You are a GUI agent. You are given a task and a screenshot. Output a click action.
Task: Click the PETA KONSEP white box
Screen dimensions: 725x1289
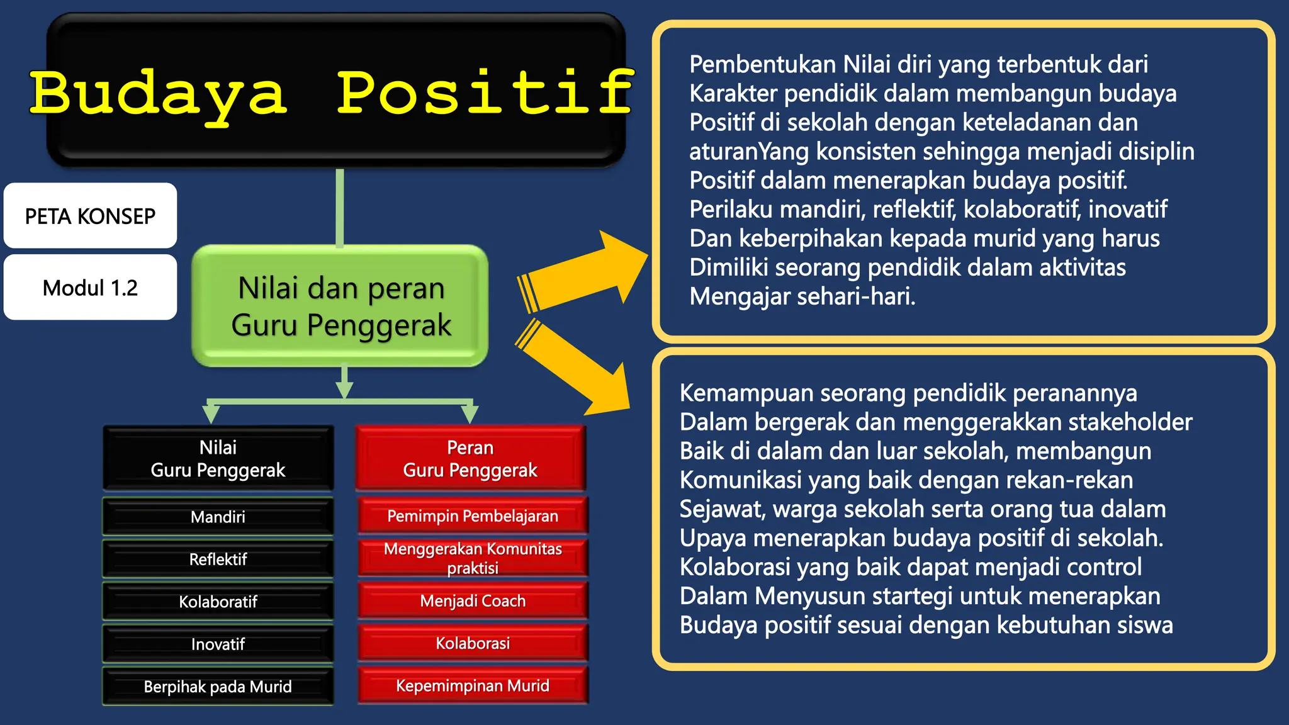pyautogui.click(x=90, y=216)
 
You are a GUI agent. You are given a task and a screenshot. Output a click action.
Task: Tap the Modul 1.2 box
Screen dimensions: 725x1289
pyautogui.click(x=90, y=288)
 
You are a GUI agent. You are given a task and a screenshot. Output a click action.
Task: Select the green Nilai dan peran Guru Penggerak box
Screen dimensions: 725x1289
pyautogui.click(x=341, y=306)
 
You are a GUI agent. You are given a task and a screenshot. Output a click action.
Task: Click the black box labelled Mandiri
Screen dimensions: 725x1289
pyautogui.click(x=218, y=517)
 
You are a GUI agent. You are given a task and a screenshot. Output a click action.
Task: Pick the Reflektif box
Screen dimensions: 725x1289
pyautogui.click(x=218, y=559)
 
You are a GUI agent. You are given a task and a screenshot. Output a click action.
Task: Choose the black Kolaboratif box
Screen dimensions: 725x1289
pyautogui.click(x=218, y=602)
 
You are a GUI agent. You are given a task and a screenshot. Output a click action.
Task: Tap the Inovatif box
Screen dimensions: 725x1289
pyautogui.click(x=218, y=644)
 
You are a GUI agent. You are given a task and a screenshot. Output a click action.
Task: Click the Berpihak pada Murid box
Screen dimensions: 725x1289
pyautogui.click(x=218, y=686)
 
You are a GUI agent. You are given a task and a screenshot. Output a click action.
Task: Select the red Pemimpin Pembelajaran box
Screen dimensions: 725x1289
pyautogui.click(x=473, y=516)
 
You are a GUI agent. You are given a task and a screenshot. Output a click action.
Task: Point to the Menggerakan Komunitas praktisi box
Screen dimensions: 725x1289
pyautogui.click(x=473, y=558)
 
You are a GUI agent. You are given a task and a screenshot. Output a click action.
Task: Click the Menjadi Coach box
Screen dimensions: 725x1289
pyautogui.click(x=473, y=600)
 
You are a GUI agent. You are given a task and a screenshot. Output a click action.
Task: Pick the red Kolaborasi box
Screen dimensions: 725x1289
pyautogui.click(x=473, y=643)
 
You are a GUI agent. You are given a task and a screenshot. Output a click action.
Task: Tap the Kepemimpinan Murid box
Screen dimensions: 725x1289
pyautogui.click(x=473, y=685)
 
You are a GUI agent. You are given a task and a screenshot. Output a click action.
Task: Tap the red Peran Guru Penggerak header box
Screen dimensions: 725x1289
pyautogui.click(x=470, y=459)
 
